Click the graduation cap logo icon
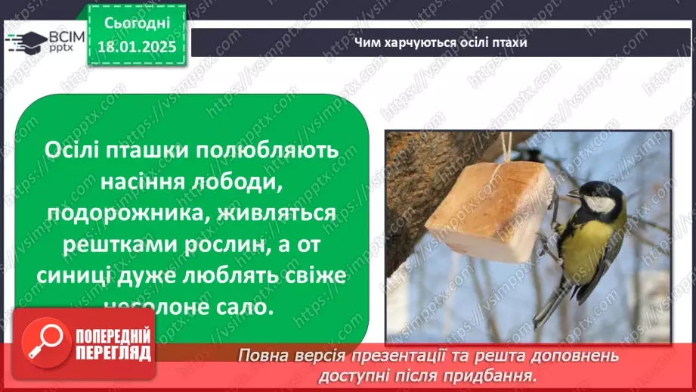[25, 40]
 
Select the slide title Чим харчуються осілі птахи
[441, 42]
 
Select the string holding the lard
[508, 147]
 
